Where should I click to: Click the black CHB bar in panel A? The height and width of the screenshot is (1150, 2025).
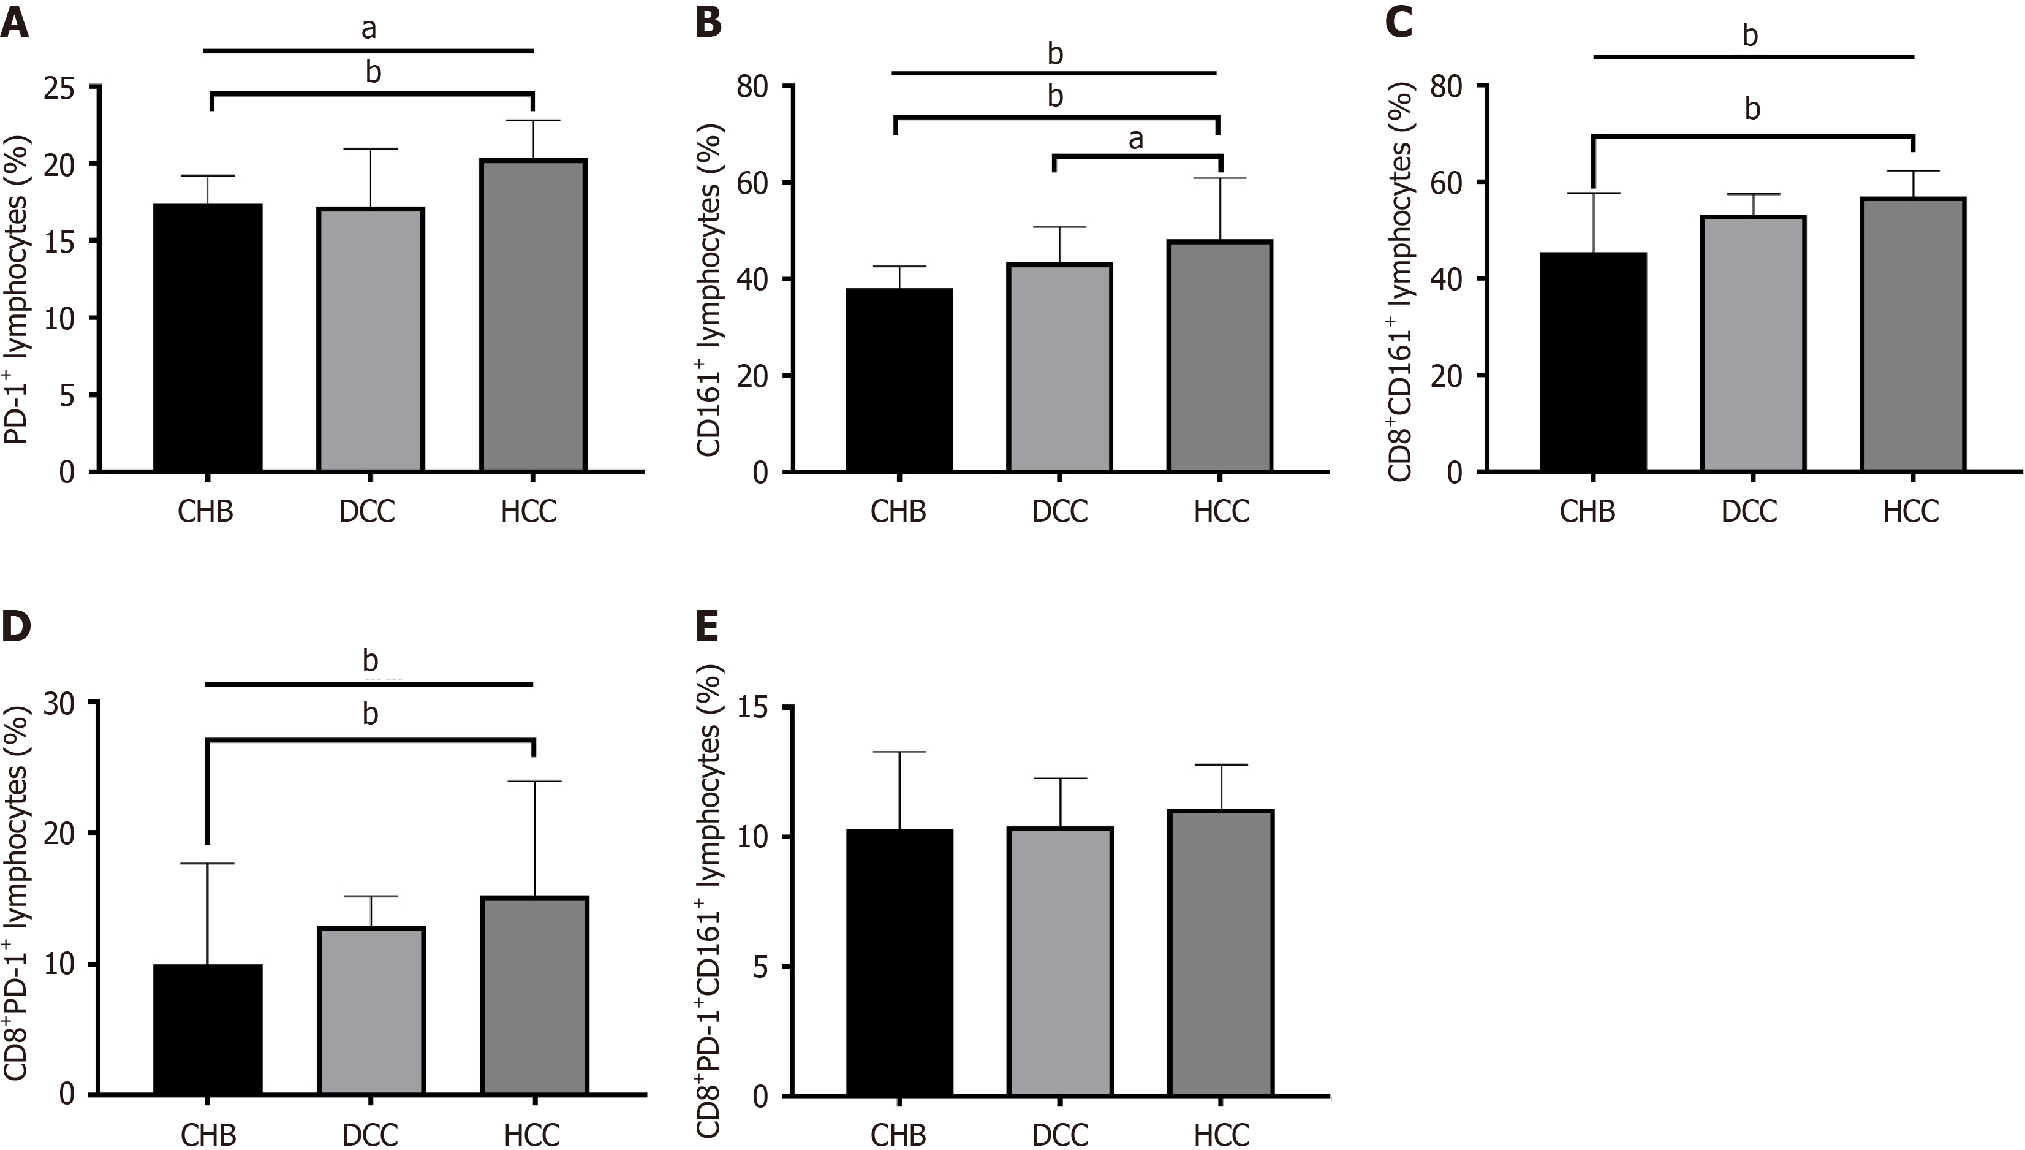pos(208,337)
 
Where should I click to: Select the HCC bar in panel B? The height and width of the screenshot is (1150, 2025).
pos(1220,356)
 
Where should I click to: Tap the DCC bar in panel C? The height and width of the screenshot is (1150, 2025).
pos(1752,343)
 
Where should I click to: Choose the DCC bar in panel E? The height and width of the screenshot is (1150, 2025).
pos(1059,961)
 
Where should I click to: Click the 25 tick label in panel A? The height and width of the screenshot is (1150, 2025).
pos(60,88)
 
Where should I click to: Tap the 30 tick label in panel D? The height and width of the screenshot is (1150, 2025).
pos(60,704)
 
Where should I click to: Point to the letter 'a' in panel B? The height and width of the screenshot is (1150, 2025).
pos(1135,140)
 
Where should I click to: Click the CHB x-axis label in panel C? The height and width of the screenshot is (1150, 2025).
pos(1587,512)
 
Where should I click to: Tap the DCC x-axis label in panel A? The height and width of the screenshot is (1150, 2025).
pos(367,512)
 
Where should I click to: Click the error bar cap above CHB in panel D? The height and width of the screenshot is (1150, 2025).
pos(208,863)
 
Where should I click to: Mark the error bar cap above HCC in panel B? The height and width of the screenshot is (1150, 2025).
pos(1220,178)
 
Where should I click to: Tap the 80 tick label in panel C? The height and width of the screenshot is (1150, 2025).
pos(1447,85)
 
